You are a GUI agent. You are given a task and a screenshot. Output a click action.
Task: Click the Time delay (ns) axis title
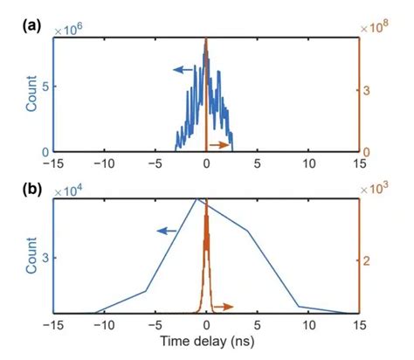tap(206, 347)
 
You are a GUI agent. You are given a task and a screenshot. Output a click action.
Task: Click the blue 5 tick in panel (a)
tap(45, 87)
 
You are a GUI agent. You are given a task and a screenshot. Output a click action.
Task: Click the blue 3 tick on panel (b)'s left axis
tap(45, 257)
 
